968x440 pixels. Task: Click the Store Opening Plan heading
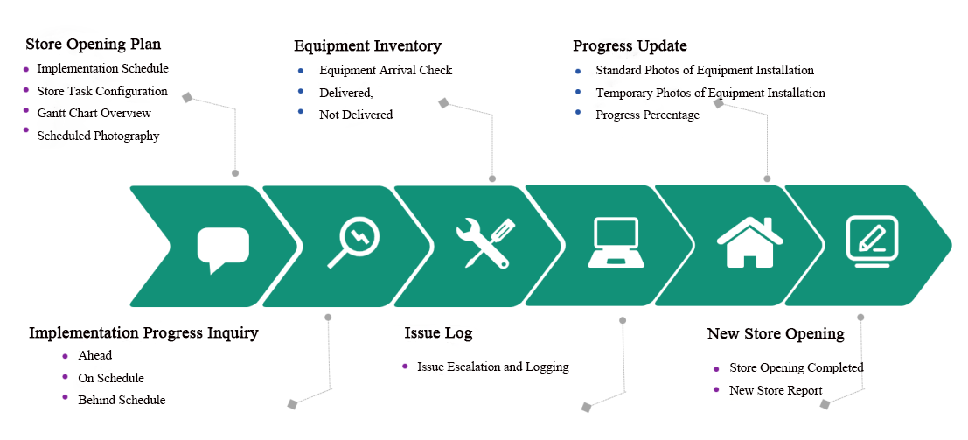tap(93, 44)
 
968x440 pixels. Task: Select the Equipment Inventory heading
tap(367, 46)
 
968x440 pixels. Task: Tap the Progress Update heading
tap(630, 46)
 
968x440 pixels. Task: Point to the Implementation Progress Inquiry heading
tap(143, 333)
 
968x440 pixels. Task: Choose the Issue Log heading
tap(438, 333)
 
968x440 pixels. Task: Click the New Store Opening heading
tap(776, 334)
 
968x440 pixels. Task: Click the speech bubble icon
tap(223, 248)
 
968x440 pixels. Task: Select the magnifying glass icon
tap(353, 242)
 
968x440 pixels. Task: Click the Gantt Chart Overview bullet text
tap(94, 113)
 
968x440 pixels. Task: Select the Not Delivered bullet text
tap(356, 115)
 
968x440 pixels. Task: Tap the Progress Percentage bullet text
tap(647, 115)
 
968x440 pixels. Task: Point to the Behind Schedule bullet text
tap(122, 400)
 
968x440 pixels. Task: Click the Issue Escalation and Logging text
tap(493, 367)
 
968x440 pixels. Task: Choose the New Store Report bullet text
tap(776, 390)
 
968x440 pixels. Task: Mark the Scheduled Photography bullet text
tap(98, 136)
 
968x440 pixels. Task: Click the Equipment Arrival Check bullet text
tap(386, 70)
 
